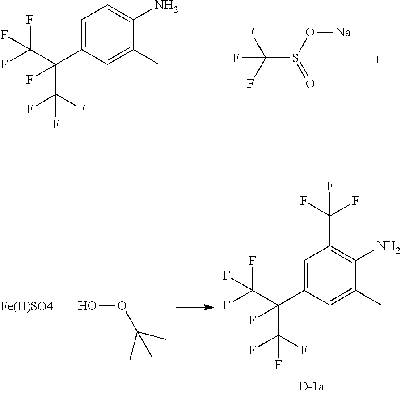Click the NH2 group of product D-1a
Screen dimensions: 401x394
click(388, 246)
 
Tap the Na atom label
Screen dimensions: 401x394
click(342, 33)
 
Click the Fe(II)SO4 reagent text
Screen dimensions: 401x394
click(27, 307)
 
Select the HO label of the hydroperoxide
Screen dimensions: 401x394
click(87, 307)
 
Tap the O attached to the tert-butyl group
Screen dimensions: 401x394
click(122, 307)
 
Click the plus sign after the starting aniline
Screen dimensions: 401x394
click(205, 59)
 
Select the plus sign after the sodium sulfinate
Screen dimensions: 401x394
click(377, 59)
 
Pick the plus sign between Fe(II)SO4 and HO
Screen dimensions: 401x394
click(66, 307)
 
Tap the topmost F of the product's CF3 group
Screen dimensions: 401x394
click(329, 185)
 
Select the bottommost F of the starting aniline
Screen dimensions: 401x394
click(56, 124)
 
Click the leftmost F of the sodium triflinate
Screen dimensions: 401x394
click(235, 58)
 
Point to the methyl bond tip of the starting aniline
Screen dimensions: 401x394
click(159, 66)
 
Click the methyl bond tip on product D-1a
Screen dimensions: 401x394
click(381, 305)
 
